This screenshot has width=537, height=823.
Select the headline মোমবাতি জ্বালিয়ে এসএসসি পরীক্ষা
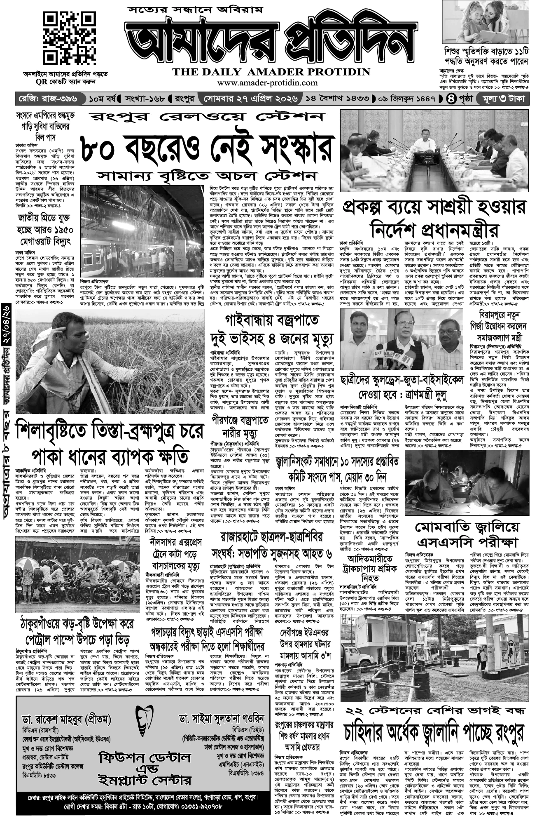pos(468,534)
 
